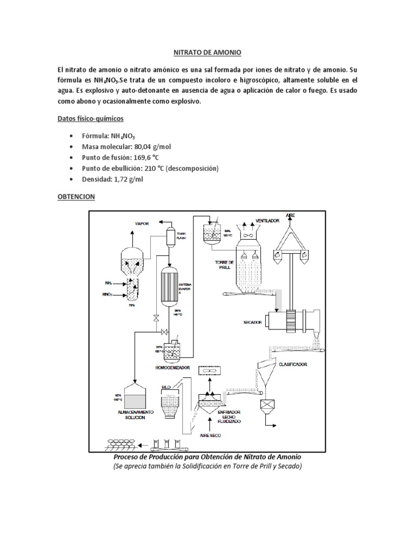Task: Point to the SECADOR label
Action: pyautogui.click(x=253, y=322)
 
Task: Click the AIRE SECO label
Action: pyautogui.click(x=210, y=435)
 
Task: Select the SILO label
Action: pyautogui.click(x=166, y=387)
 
